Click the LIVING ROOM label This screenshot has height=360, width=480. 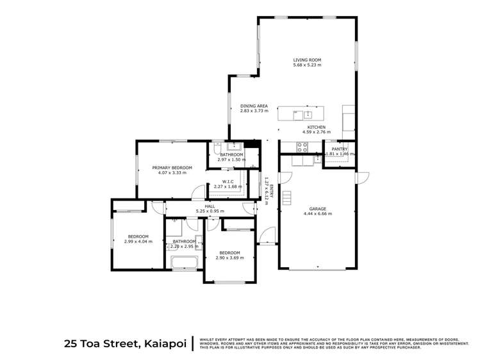307,60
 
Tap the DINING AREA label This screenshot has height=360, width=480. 254,106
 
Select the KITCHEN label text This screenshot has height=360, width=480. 316,127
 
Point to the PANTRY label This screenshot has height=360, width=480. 339,149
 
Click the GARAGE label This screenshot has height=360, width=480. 318,208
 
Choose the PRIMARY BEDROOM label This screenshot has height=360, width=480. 172,168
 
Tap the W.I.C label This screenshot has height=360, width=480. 228,181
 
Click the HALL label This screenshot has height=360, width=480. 210,206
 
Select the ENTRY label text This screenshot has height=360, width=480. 271,190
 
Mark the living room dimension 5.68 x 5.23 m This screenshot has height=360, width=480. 307,65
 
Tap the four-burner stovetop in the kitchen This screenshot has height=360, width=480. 302,147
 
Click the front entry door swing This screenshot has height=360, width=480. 267,236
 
